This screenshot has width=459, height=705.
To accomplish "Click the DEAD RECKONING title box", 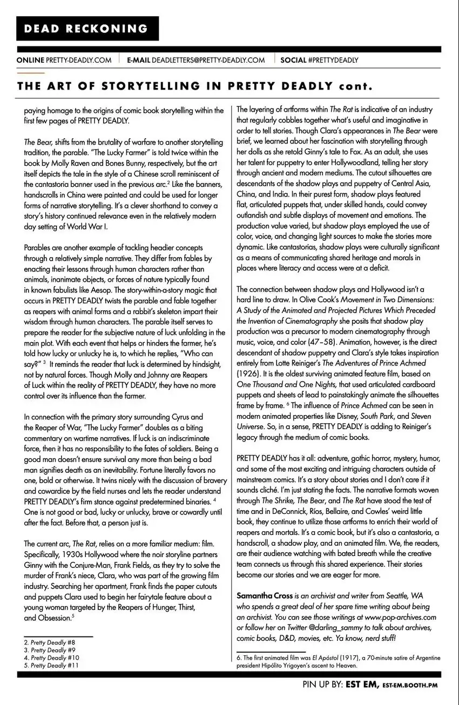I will [87, 29].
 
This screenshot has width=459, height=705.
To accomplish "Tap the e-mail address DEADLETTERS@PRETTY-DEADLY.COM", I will [208, 60].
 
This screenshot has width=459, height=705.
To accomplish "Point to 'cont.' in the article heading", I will [356, 86].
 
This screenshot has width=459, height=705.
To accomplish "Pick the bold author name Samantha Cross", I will [265, 595].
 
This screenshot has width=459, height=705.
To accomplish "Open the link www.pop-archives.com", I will [401, 617].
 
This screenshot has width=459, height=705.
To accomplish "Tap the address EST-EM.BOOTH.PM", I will [410, 686].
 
